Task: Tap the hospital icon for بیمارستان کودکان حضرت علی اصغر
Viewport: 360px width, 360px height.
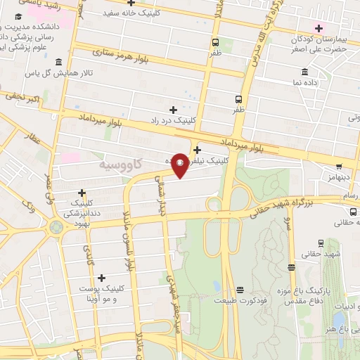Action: point(320,29)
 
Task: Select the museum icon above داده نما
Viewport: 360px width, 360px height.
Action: point(304,72)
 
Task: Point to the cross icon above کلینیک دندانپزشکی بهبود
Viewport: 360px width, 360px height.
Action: point(82,193)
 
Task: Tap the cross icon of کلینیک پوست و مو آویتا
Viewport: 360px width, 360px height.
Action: point(103,278)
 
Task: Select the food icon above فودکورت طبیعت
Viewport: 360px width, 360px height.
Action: point(240,289)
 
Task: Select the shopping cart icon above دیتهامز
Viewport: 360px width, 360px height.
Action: point(340,167)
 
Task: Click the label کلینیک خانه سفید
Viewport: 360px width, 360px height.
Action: point(132,13)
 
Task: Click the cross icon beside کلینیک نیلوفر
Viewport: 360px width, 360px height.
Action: point(197,149)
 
